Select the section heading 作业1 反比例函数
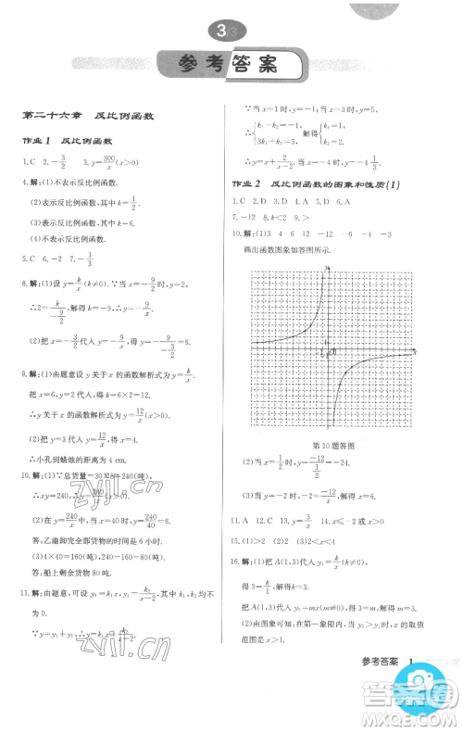(74, 141)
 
